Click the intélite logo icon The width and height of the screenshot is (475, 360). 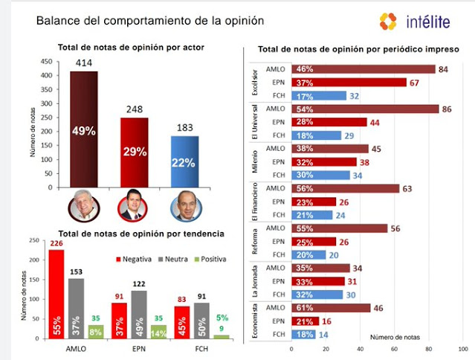(x=388, y=21)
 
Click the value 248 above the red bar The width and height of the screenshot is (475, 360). (x=135, y=109)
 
